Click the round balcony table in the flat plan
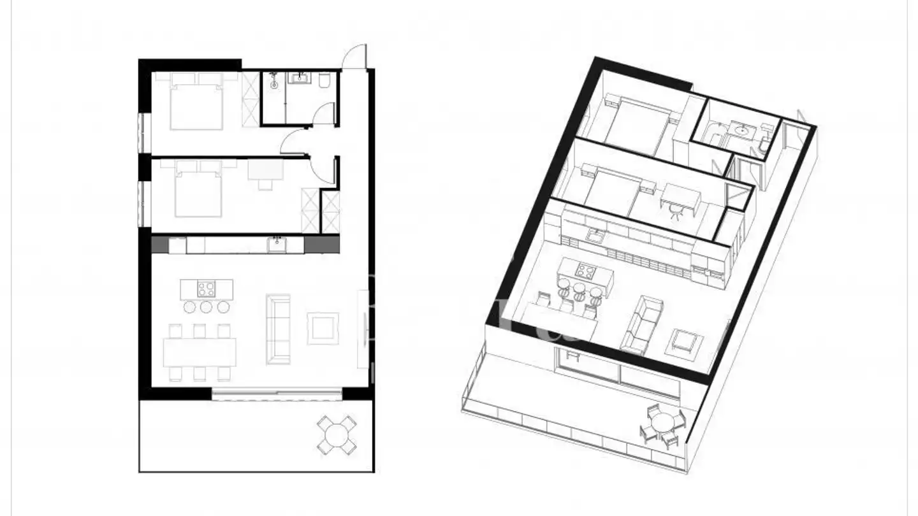[x=336, y=435]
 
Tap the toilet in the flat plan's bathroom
[x=324, y=80]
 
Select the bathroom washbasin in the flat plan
[x=298, y=79]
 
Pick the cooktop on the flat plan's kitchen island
[x=206, y=289]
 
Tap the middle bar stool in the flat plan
[x=206, y=307]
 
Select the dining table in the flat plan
[x=199, y=352]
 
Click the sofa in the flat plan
[x=278, y=329]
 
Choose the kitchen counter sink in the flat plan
[x=277, y=243]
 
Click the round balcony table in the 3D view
[x=663, y=422]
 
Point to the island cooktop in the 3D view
[x=585, y=271]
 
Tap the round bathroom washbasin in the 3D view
[x=742, y=131]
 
